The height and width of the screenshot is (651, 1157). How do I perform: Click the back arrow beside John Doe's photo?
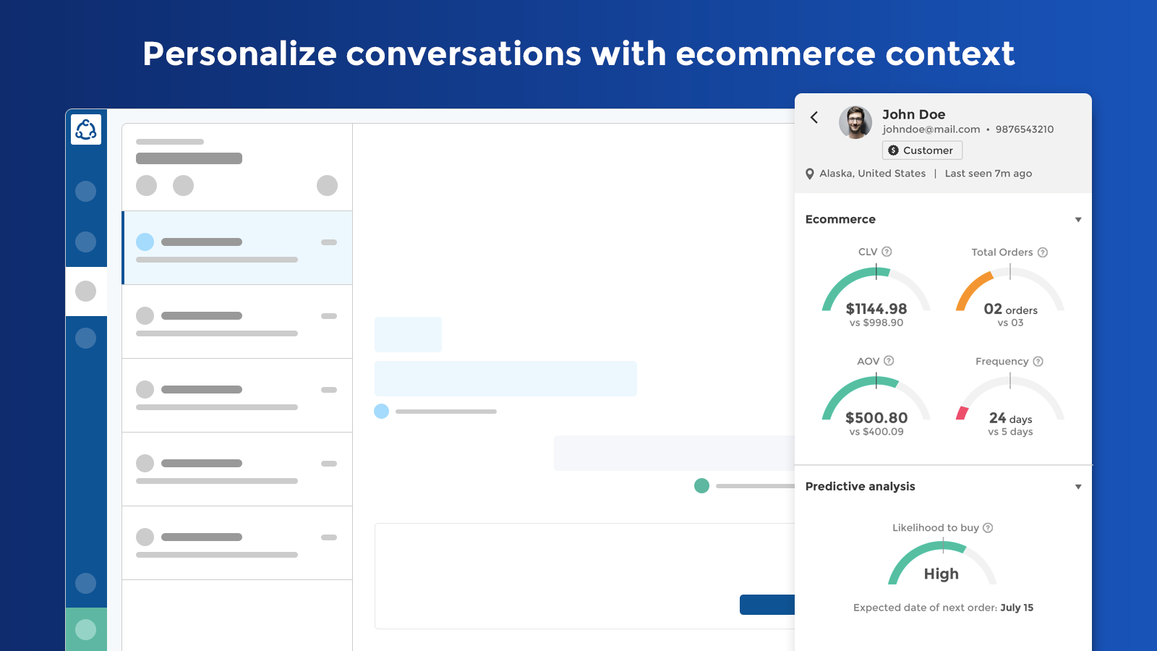814,118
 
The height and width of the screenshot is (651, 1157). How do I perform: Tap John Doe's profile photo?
855,122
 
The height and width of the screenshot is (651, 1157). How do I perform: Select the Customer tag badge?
922,150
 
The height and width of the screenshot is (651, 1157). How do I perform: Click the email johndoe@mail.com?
931,129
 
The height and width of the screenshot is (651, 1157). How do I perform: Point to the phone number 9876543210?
1024,129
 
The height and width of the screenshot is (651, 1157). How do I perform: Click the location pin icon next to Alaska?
810,174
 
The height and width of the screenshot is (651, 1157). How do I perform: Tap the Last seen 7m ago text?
988,174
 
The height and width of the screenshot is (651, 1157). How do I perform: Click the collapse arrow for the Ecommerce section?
1078,220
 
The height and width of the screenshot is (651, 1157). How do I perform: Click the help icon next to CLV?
887,252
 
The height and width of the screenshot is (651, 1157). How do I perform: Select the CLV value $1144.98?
876,308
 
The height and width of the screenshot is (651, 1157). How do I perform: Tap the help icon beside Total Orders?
1043,252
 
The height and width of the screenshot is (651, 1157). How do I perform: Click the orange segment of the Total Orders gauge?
973,289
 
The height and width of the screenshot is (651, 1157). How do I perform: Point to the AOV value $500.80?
876,417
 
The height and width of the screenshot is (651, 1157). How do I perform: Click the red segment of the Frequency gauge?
962,413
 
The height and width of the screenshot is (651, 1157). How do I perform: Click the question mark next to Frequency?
1038,361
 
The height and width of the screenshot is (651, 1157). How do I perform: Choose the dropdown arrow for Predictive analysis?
1078,487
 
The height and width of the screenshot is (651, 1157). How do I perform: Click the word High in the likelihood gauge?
941,574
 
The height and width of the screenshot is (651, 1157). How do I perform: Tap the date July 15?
1017,608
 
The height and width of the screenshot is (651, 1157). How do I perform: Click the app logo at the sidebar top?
86,129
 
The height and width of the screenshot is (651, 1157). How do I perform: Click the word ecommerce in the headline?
775,54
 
